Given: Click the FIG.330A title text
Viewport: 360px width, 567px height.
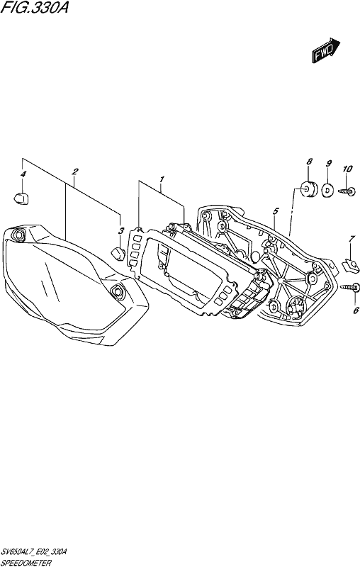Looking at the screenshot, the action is coord(34,7).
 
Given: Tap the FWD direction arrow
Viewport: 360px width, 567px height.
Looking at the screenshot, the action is coord(327,50).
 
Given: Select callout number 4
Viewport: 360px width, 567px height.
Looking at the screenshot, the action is coord(23,174).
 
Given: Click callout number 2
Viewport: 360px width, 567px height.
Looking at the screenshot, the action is coord(75,172).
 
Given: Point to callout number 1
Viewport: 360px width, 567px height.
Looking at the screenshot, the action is coord(162,179).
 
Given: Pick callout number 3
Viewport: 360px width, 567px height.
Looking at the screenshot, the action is coord(121,230).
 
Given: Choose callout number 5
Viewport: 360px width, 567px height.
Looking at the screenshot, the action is coord(276,210).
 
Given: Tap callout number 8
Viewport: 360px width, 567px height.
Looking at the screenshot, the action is coord(309,162).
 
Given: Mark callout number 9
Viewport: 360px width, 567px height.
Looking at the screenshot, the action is coord(329,164).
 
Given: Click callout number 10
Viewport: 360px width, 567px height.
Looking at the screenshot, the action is coord(347,169).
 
